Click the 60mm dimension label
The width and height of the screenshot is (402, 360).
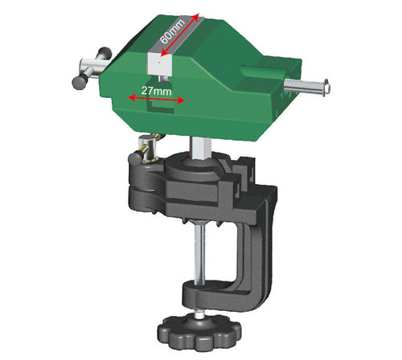(x=176, y=30)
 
